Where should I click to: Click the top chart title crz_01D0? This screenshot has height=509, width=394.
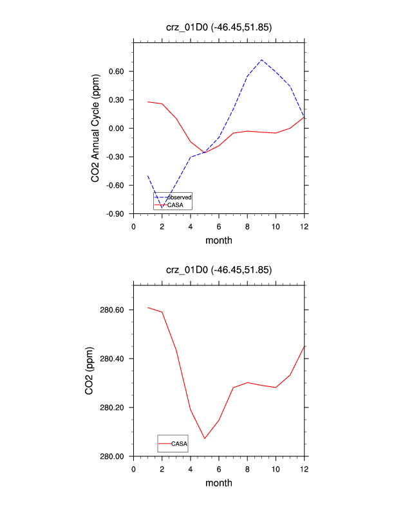[x=219, y=27]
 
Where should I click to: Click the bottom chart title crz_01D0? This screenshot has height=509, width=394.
[x=219, y=270]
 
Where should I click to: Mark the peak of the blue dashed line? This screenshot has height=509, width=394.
[x=261, y=60]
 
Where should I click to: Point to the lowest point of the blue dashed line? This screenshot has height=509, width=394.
[x=162, y=208]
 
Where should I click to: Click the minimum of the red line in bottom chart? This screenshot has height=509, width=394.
[x=205, y=438]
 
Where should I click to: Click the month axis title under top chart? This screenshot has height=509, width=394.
[x=219, y=240]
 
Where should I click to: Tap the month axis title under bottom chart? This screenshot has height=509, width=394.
[x=219, y=483]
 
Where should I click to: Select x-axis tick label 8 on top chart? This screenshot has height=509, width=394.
[x=247, y=226]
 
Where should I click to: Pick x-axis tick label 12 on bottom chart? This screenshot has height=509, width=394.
[x=304, y=469]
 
